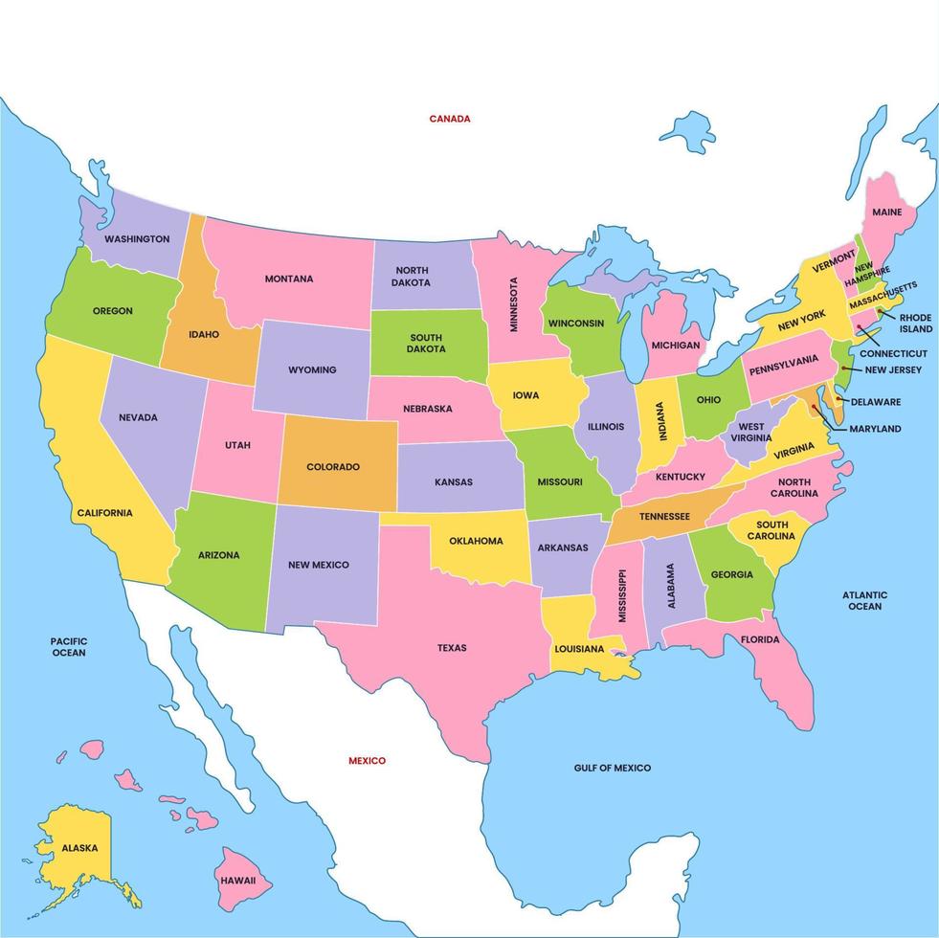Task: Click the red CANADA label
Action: point(449,119)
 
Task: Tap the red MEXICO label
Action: point(367,761)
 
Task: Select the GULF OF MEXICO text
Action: point(612,768)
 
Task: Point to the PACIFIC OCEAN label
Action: point(69,647)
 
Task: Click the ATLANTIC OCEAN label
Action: point(864,600)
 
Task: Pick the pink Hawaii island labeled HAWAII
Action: point(238,879)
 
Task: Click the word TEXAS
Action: point(452,648)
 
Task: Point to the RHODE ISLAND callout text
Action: point(915,324)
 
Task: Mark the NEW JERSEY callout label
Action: point(892,369)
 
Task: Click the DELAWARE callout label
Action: point(875,402)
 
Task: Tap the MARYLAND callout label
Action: point(874,429)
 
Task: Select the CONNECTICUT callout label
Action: point(893,353)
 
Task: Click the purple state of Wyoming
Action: point(312,369)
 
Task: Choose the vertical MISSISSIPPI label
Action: point(622,595)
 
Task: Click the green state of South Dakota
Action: point(426,343)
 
